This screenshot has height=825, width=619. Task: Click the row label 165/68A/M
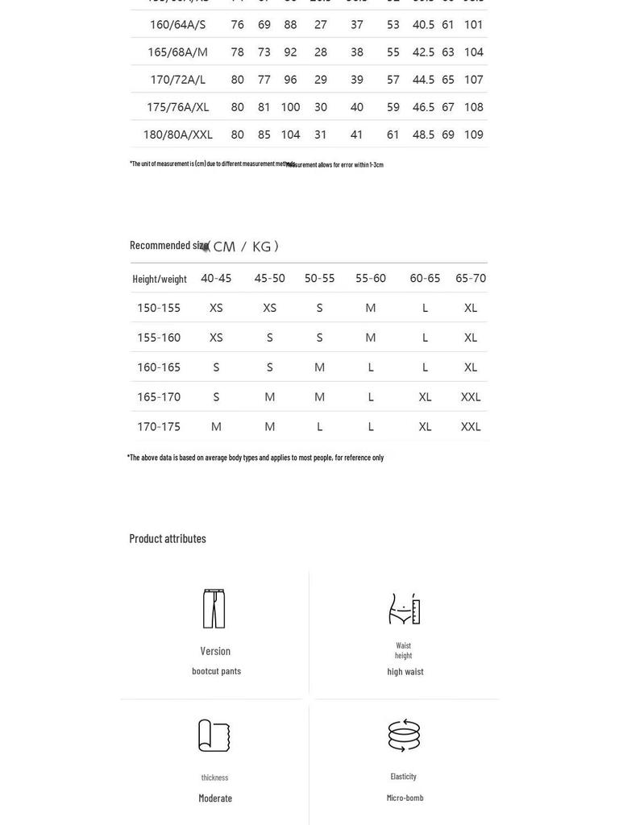pos(177,52)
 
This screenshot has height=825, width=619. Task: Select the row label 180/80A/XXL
pos(177,135)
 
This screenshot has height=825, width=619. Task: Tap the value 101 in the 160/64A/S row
pos(473,25)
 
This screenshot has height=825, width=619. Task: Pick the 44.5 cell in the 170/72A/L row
pos(423,80)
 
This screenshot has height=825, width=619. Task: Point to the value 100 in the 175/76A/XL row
pos(290,107)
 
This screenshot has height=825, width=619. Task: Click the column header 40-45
pos(216,278)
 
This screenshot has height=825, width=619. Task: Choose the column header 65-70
pos(471,278)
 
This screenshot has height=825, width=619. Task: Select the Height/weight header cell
pos(160,279)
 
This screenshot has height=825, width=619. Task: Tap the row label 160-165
pos(159,367)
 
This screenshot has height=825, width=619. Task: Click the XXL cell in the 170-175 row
pos(471,427)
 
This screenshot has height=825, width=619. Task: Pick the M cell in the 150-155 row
pos(371,308)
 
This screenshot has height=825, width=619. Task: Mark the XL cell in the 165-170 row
pos(425,397)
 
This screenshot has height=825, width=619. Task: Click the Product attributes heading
pos(168,538)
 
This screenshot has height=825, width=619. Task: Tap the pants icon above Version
pos(214,608)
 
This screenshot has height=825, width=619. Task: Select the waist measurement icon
pos(404,609)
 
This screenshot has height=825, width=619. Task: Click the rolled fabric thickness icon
pos(214,736)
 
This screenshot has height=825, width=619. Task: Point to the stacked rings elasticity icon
pos(404,735)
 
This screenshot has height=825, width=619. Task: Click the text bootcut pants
pos(216,671)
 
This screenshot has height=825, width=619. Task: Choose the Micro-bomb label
pos(405,798)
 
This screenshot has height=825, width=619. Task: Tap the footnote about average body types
pos(255,458)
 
